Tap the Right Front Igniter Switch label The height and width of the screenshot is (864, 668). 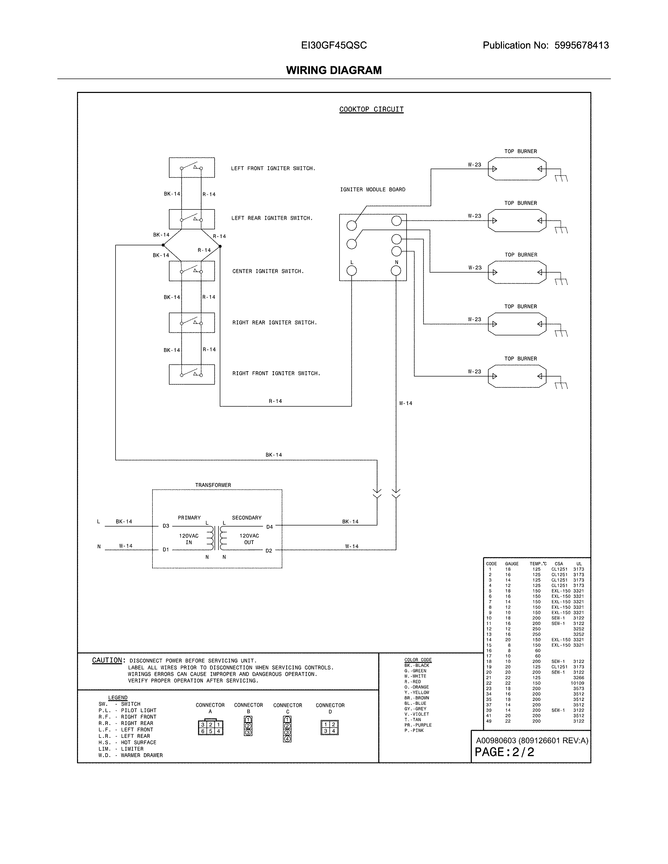pyautogui.click(x=276, y=373)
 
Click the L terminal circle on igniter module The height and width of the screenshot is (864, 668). pyautogui.click(x=351, y=271)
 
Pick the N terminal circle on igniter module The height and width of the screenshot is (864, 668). pyautogui.click(x=396, y=271)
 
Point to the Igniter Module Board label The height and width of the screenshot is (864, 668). pyautogui.click(x=373, y=190)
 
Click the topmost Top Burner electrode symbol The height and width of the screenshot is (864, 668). pyautogui.click(x=517, y=169)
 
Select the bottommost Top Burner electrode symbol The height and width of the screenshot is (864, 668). pyautogui.click(x=517, y=376)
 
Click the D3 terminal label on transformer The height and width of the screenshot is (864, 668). pyautogui.click(x=166, y=526)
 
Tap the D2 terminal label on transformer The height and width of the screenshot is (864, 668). pyautogui.click(x=269, y=551)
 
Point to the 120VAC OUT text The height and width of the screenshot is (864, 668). pyautogui.click(x=249, y=539)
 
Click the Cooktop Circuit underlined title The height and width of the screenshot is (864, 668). pyautogui.click(x=371, y=109)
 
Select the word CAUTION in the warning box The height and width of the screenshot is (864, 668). pyautogui.click(x=107, y=660)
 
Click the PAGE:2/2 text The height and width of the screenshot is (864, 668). pyautogui.click(x=504, y=752)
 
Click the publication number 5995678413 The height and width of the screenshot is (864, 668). pyautogui.click(x=581, y=46)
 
